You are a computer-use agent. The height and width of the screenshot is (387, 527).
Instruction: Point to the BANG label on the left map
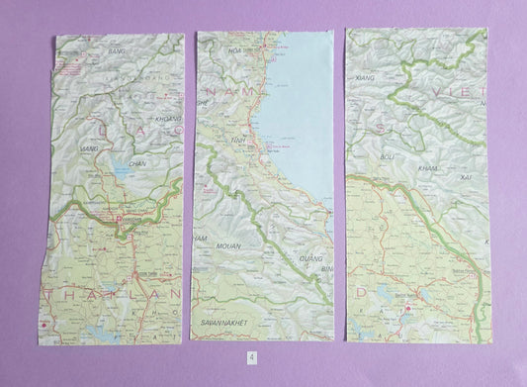point(117,48)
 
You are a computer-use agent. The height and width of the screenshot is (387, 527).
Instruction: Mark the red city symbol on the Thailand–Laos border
point(119,219)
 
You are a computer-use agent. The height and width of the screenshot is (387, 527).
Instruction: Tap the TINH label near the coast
point(236,141)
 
